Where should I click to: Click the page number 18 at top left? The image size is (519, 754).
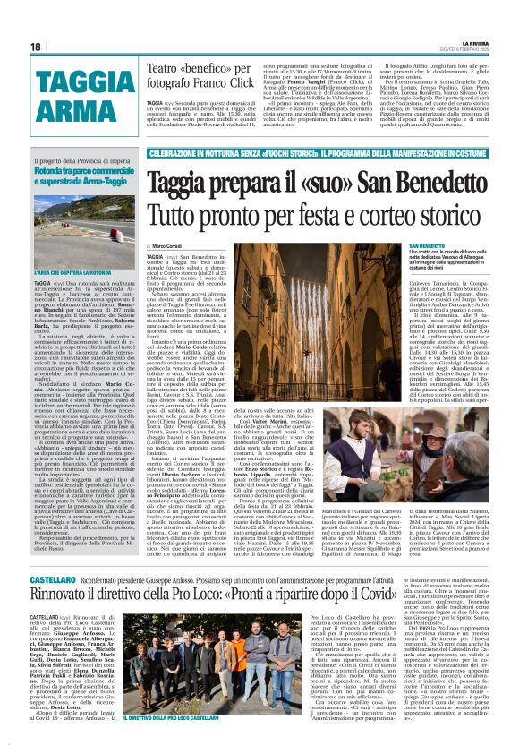tap(36, 47)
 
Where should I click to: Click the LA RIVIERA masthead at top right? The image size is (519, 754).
tap(474, 43)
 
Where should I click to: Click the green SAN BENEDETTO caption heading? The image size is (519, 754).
tap(427, 246)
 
